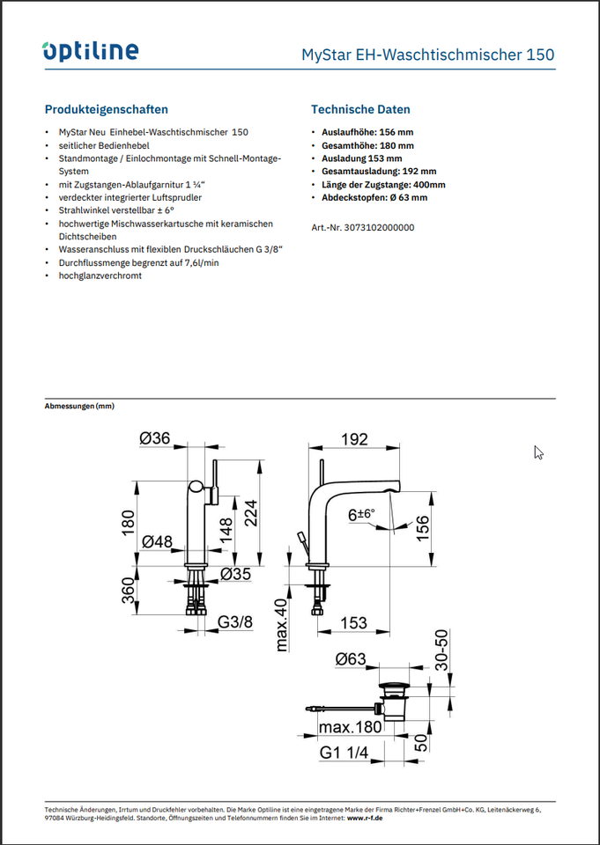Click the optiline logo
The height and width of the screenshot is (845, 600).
90,51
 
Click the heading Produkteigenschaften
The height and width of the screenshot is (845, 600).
107,109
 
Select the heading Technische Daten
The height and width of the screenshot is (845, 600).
360,109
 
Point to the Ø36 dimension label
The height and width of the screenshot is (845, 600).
154,438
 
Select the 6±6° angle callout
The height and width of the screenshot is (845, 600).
361,514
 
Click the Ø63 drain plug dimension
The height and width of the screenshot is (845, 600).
350,659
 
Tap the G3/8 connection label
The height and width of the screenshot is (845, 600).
234,622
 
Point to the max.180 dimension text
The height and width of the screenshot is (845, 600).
350,728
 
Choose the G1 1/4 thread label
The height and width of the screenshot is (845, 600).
344,753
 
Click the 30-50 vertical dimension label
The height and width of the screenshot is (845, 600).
443,649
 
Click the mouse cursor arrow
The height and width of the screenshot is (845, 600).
538,452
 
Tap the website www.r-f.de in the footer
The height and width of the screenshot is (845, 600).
366,818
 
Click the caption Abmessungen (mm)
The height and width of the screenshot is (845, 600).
79,407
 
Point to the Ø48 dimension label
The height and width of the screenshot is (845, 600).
157,541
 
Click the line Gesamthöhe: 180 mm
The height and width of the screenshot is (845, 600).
368,145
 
